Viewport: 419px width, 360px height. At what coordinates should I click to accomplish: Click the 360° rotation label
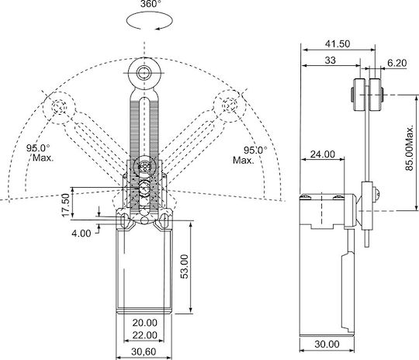tap(151, 4)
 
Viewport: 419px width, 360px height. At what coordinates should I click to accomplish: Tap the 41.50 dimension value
tap(338, 43)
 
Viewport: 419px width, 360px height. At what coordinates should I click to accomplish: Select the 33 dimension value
tap(330, 61)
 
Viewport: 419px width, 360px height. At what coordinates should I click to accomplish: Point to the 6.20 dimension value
tap(396, 63)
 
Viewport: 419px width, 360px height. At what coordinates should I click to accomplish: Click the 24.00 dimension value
tap(323, 154)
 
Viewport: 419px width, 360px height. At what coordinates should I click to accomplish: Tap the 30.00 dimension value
tap(327, 344)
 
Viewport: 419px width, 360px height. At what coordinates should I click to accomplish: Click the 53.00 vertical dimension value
tap(184, 266)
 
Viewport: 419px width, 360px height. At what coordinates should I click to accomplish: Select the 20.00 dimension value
tap(145, 323)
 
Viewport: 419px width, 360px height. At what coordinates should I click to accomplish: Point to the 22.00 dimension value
tap(145, 335)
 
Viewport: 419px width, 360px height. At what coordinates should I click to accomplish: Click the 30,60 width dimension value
tap(144, 351)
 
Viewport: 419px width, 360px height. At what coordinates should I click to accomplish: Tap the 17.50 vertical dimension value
tap(65, 206)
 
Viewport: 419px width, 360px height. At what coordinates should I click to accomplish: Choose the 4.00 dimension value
tap(81, 234)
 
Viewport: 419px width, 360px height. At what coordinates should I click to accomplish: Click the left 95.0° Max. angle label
tap(40, 153)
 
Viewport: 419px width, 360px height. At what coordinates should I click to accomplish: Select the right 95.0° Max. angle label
tap(250, 155)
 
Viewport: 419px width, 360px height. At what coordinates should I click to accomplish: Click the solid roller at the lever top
tap(144, 73)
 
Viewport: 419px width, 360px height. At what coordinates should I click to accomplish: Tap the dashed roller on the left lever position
tap(59, 107)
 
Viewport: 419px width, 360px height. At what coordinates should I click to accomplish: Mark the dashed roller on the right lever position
tap(230, 106)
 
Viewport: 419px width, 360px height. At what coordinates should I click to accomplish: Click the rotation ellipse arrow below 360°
tap(150, 20)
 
